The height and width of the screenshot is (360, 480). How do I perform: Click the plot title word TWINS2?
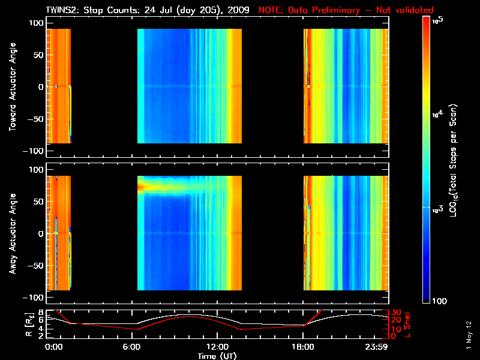click(x=62, y=10)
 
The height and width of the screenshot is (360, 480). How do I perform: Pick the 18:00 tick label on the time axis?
click(x=304, y=346)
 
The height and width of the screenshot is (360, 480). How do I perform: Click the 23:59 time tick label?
click(x=378, y=346)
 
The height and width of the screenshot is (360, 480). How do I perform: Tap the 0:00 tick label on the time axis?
click(x=53, y=346)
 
